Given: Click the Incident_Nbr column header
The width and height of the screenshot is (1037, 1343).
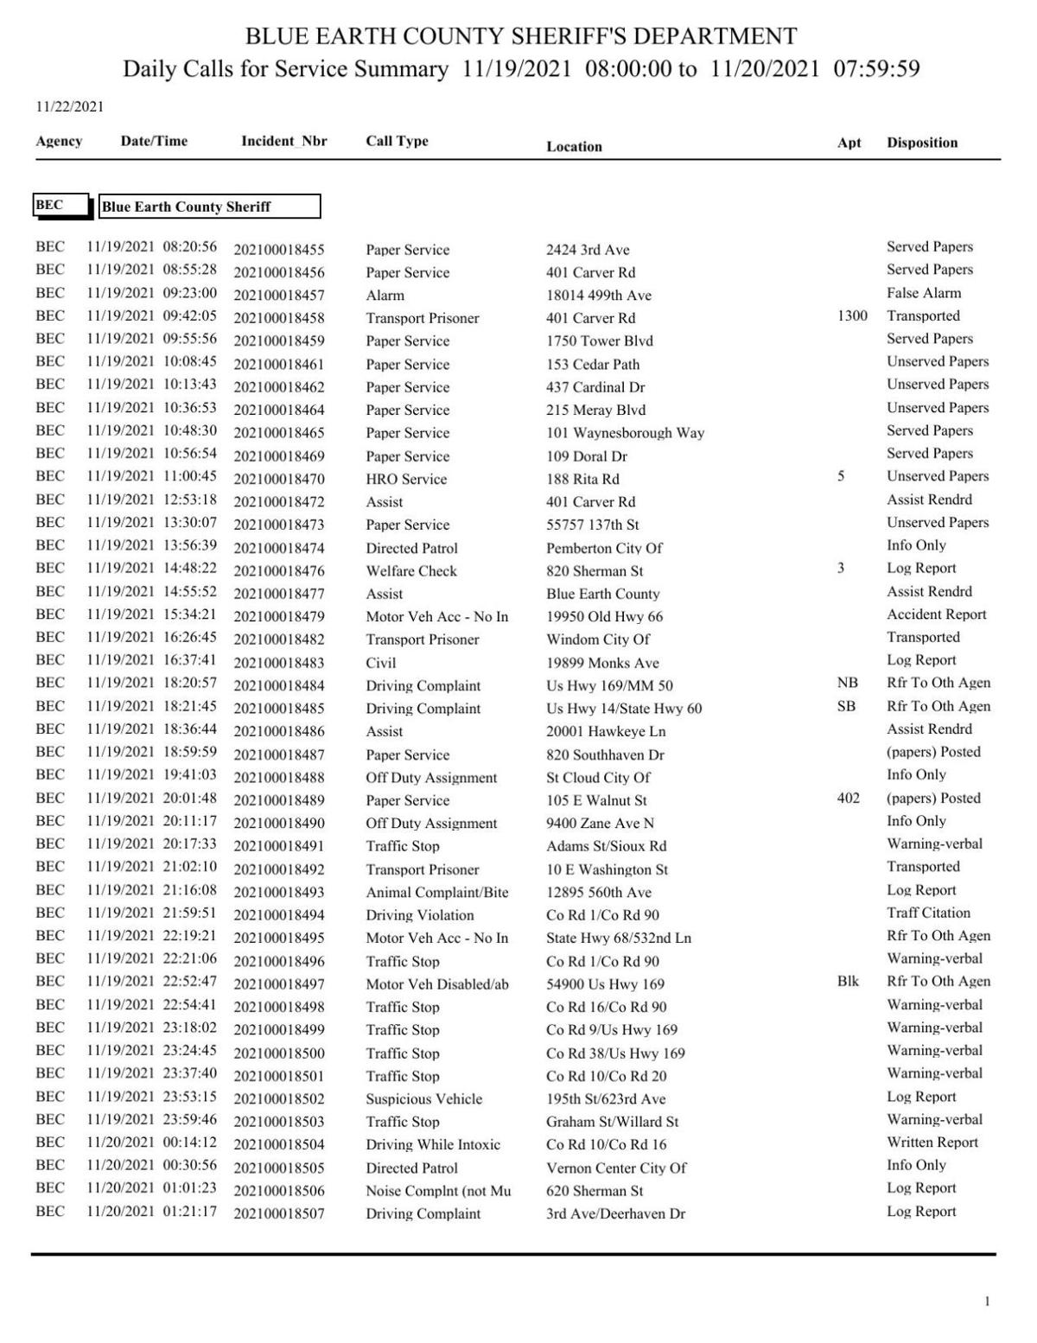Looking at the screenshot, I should pyautogui.click(x=283, y=141).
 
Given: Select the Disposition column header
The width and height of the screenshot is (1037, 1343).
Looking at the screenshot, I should pyautogui.click(x=922, y=143).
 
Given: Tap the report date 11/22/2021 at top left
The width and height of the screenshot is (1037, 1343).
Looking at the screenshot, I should pyautogui.click(x=69, y=107).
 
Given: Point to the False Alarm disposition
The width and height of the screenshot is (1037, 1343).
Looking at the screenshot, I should pyautogui.click(x=923, y=293).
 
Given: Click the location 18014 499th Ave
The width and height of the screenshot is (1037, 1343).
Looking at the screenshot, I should pyautogui.click(x=598, y=296).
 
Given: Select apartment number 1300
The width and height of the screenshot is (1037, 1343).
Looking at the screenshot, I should pyautogui.click(x=851, y=315).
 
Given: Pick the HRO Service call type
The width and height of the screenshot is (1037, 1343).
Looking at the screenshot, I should pyautogui.click(x=406, y=479).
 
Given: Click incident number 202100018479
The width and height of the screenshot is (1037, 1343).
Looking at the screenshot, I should pyautogui.click(x=278, y=617).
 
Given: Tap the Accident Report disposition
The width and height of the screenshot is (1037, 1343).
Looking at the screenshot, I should pyautogui.click(x=936, y=614).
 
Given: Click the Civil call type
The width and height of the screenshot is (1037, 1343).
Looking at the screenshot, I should pyautogui.click(x=380, y=663).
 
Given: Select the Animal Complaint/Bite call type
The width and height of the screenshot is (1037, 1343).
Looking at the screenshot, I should pyautogui.click(x=436, y=892).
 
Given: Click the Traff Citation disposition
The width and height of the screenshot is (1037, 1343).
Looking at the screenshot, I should pyautogui.click(x=928, y=913).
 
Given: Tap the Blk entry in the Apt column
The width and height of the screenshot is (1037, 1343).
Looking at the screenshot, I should pyautogui.click(x=848, y=981).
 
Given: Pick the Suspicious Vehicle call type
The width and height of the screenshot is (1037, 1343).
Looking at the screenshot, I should pyautogui.click(x=423, y=1099).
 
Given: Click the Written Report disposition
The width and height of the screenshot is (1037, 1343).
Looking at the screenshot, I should pyautogui.click(x=932, y=1142).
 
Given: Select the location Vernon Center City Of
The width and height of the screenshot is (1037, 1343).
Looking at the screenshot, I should pyautogui.click(x=615, y=1168).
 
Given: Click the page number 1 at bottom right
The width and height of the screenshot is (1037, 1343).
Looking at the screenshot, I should pyautogui.click(x=987, y=1302).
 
